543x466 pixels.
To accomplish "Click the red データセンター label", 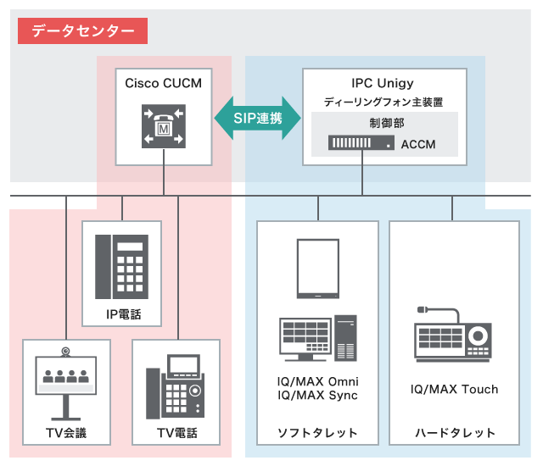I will pyautogui.click(x=83, y=31).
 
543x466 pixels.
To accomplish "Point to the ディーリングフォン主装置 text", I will pyautogui.click(x=383, y=102).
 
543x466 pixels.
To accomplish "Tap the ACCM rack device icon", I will pyautogui.click(x=361, y=144).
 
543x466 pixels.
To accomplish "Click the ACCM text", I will pyautogui.click(x=417, y=144).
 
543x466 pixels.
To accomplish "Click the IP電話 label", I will pyautogui.click(x=122, y=314).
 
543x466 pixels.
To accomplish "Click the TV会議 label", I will pyautogui.click(x=66, y=433).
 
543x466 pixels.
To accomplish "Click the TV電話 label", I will pyautogui.click(x=176, y=433).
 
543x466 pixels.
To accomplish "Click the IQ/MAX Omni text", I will pyautogui.click(x=318, y=380).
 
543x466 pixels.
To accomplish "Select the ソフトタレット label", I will pyautogui.click(x=318, y=433).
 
